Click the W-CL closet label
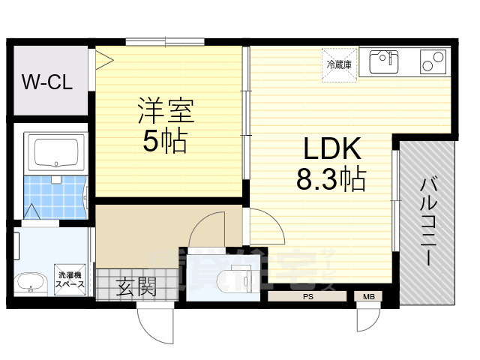tap(46, 82)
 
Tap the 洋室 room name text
tap(166, 112)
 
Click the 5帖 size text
tap(166, 141)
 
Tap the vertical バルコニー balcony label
tap(427, 220)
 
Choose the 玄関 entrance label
tap(136, 286)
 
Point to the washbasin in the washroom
tap(31, 283)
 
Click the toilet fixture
tap(240, 278)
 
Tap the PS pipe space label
tap(308, 297)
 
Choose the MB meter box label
tap(367, 297)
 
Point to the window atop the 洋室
tap(165, 41)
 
